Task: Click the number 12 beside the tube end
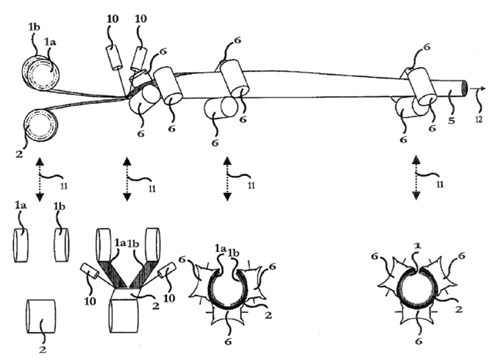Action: coord(478,119)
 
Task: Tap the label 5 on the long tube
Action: coord(451,121)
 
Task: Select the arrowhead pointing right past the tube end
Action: coord(483,88)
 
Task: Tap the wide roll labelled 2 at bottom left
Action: coord(41,316)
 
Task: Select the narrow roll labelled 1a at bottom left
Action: coord(21,245)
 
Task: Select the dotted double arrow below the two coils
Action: coord(39,179)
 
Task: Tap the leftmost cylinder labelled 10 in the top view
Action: coord(114,58)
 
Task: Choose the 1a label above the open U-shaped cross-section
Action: coord(221,249)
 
